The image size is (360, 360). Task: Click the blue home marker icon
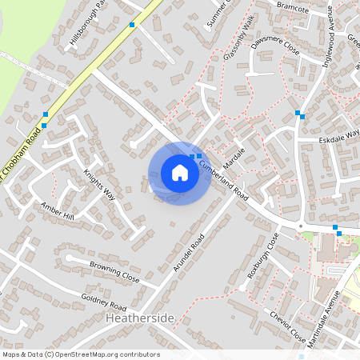click(x=180, y=173)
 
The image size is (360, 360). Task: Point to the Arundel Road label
click(x=190, y=253)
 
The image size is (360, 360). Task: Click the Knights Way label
click(x=100, y=185)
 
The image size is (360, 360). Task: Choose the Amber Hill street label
click(x=57, y=211)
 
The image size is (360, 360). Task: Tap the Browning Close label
click(x=114, y=273)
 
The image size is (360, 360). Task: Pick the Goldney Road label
click(x=104, y=302)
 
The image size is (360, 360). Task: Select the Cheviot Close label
click(x=287, y=324)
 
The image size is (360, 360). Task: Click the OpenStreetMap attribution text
click(x=81, y=354)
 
